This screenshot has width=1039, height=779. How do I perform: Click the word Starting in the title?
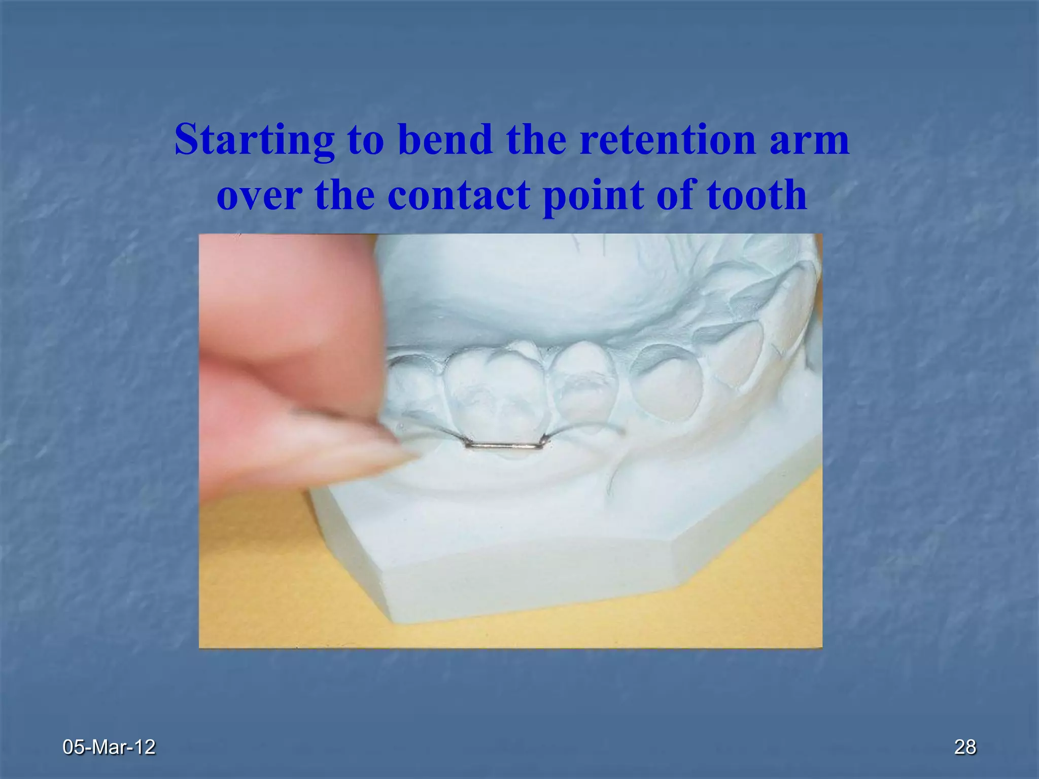pyautogui.click(x=254, y=141)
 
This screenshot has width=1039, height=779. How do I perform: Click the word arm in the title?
pyautogui.click(x=809, y=141)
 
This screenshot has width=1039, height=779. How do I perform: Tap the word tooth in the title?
pyautogui.click(x=756, y=196)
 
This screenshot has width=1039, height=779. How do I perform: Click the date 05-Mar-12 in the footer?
pyautogui.click(x=109, y=747)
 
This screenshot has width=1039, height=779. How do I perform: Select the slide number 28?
pyautogui.click(x=964, y=747)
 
